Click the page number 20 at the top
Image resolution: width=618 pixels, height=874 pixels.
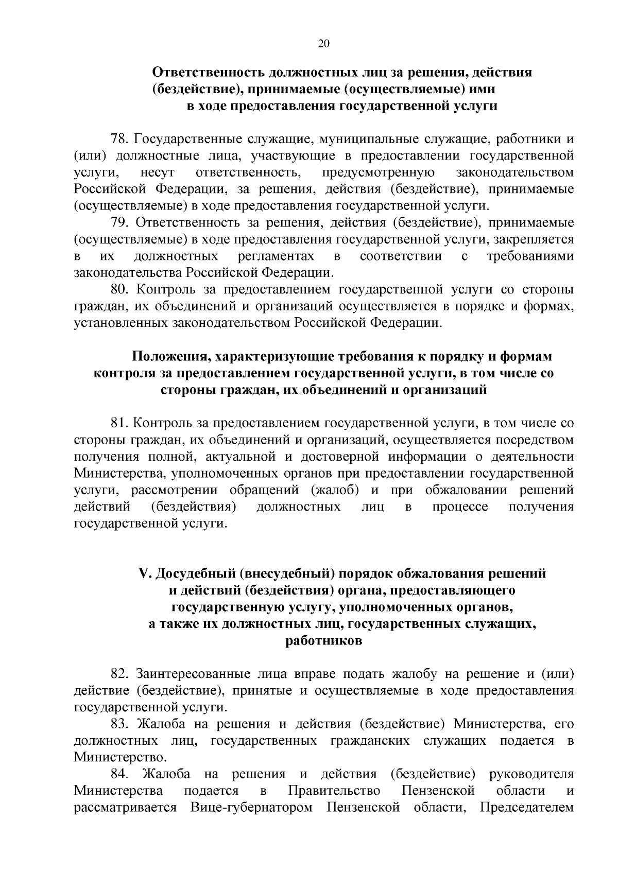323,44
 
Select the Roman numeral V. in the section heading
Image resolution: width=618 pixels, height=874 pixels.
144,573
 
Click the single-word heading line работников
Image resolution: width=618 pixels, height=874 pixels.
323,641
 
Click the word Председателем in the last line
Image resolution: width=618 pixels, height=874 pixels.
527,808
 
